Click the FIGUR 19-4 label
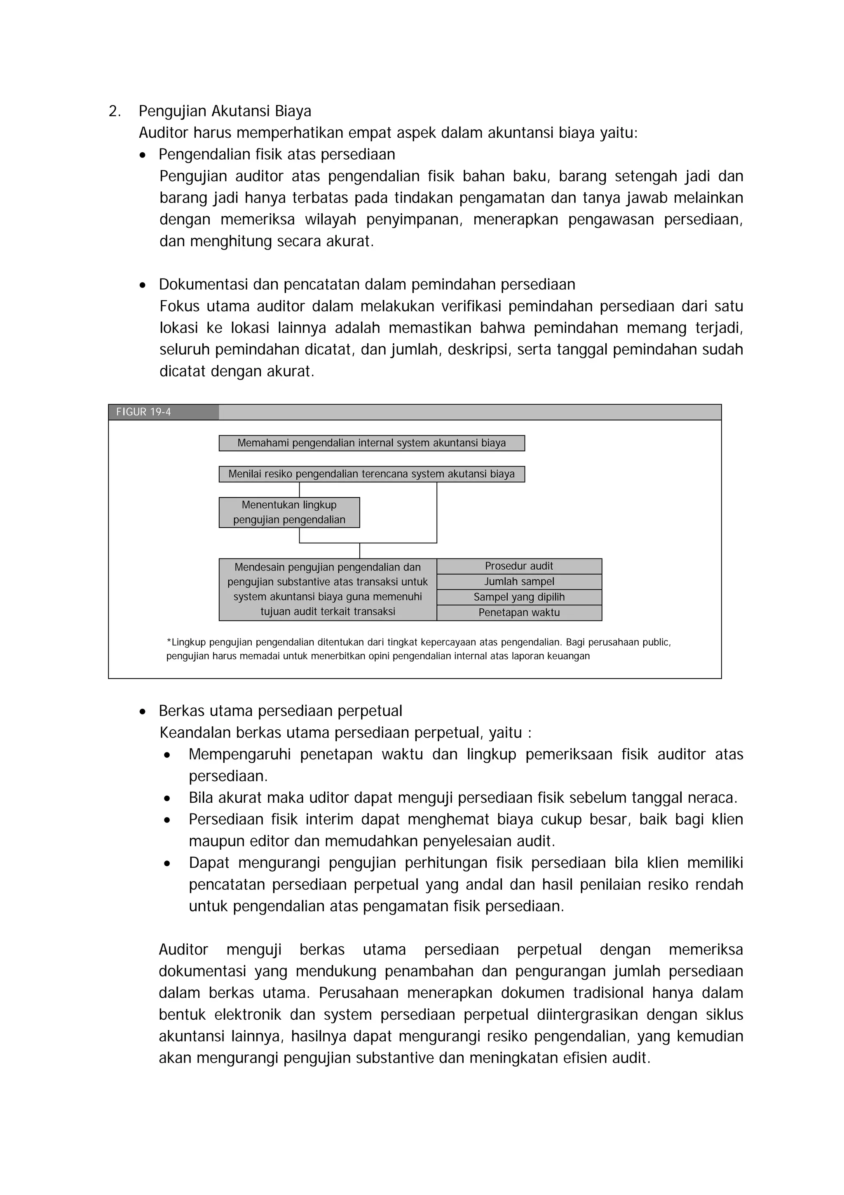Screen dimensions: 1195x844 [x=143, y=412]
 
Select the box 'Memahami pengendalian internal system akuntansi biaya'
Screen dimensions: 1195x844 [x=371, y=443]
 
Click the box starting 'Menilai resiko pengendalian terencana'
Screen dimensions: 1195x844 [x=371, y=474]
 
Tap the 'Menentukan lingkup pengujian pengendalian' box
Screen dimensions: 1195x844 [x=289, y=512]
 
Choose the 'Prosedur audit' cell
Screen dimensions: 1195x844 [x=519, y=566]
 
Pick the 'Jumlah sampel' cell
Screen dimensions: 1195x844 [x=519, y=582]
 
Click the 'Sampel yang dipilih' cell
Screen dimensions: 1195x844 [x=519, y=597]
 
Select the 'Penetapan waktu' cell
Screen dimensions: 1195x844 [x=519, y=613]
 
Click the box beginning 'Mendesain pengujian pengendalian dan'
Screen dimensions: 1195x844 [x=328, y=589]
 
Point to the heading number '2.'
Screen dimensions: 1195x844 [x=115, y=111]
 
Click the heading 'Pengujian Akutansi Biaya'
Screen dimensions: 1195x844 [x=225, y=111]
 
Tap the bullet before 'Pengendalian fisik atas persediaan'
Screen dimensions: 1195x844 [x=143, y=155]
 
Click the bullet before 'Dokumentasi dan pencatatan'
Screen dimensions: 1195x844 [x=143, y=285]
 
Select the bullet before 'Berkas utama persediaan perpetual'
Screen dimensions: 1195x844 [x=143, y=712]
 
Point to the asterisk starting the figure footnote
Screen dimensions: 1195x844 [x=169, y=642]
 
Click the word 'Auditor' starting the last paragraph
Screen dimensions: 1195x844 [x=183, y=950]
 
